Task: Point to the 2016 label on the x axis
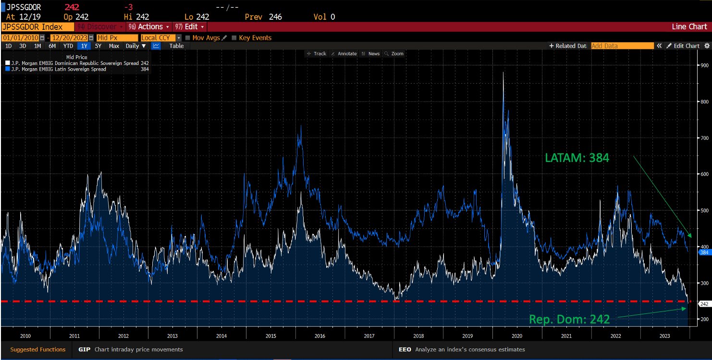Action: click(x=320, y=336)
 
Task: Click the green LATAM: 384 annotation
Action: click(x=577, y=158)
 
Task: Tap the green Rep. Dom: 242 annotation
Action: click(x=569, y=319)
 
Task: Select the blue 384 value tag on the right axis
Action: click(x=704, y=252)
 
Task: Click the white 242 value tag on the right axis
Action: click(x=704, y=304)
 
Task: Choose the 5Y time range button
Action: click(x=98, y=46)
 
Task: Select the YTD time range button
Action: click(x=68, y=46)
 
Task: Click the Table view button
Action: click(x=176, y=46)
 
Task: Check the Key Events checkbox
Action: click(x=234, y=37)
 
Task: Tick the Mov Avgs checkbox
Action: click(x=188, y=37)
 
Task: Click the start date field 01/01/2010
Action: click(x=20, y=37)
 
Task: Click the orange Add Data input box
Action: click(x=622, y=46)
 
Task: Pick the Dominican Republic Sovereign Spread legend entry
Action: click(x=74, y=63)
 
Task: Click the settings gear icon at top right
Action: click(x=707, y=46)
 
